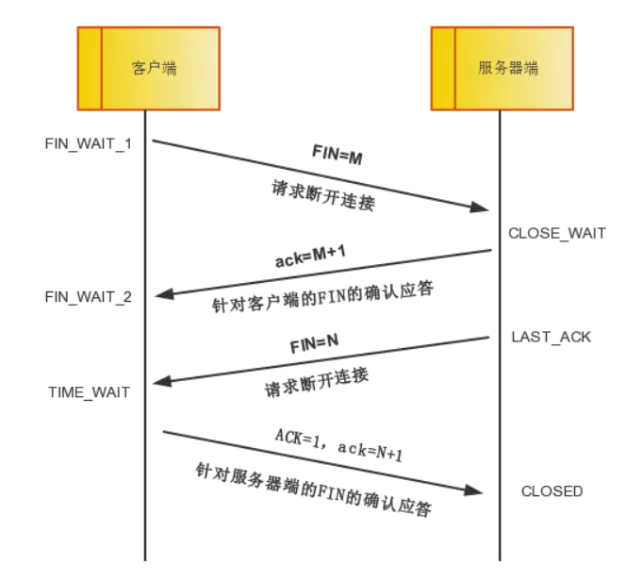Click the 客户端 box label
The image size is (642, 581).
(x=154, y=68)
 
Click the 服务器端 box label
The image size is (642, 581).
(x=508, y=68)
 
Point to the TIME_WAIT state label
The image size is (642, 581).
(x=90, y=391)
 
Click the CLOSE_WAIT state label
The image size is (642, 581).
(x=557, y=233)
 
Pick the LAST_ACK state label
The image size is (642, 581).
(x=551, y=336)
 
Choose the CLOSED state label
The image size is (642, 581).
(x=551, y=490)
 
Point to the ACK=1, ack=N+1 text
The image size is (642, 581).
(x=338, y=444)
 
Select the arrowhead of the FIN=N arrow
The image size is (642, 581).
(x=163, y=382)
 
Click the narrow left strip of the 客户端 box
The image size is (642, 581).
(x=90, y=68)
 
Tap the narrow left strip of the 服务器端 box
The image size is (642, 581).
(x=443, y=68)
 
